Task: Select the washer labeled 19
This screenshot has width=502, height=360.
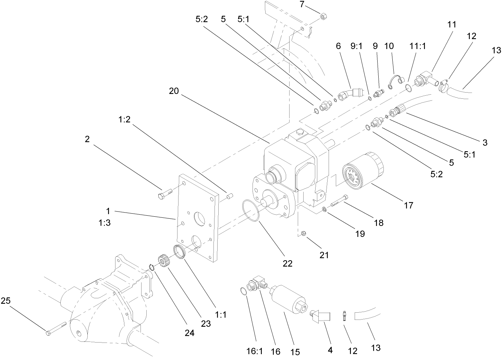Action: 324,209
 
